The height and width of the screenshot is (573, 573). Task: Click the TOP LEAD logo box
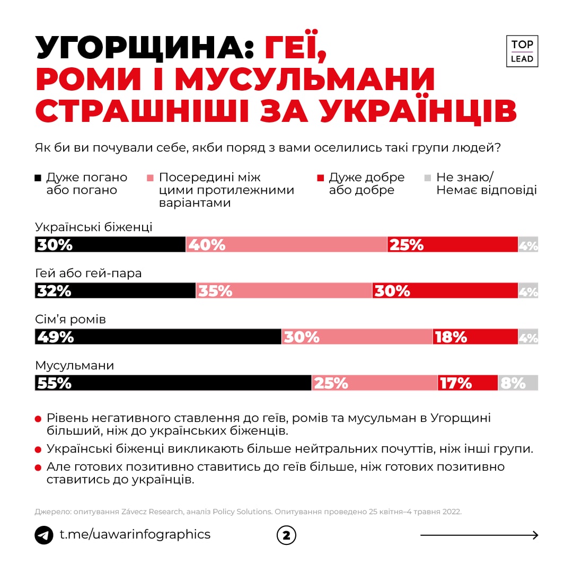pos(522,51)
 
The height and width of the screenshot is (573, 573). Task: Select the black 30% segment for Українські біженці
pos(110,244)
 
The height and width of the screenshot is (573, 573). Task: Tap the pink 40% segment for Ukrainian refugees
pos(287,244)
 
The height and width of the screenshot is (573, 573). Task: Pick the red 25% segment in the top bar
pos(453,244)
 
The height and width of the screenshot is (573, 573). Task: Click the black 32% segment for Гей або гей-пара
pos(116,290)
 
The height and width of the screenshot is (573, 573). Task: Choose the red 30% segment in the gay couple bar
pos(445,290)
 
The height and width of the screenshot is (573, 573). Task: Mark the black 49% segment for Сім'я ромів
pos(158,337)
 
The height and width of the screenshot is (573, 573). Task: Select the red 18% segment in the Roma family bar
pos(475,337)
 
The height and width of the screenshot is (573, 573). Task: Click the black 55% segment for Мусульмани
pos(173,383)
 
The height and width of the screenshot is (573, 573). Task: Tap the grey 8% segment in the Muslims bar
pos(518,383)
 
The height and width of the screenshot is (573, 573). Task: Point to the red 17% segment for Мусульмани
pos(468,383)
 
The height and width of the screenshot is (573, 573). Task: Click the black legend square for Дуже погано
pos(38,178)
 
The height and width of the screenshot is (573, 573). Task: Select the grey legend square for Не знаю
pos(428,178)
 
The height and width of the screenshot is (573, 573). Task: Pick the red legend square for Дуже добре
pos(320,178)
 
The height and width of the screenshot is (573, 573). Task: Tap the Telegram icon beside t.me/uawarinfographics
pos(44,535)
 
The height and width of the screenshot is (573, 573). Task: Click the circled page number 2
pos(286,535)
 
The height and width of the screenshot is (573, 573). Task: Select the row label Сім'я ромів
pos(70,320)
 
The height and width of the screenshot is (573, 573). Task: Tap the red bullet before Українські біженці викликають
pos(38,449)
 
